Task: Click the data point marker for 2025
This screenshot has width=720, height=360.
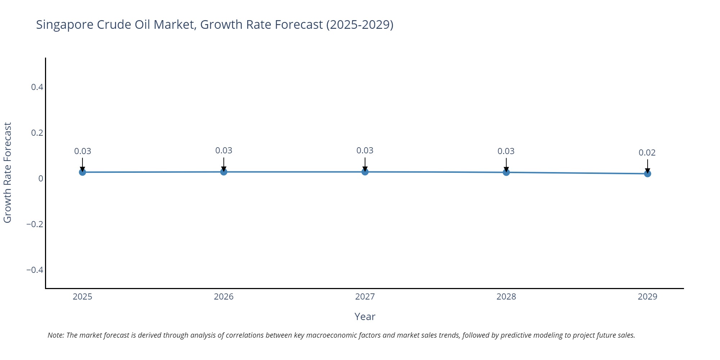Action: (x=82, y=172)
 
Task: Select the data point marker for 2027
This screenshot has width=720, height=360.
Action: (x=365, y=172)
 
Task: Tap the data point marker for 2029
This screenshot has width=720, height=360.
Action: (x=647, y=174)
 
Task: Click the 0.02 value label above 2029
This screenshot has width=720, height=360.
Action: (x=647, y=153)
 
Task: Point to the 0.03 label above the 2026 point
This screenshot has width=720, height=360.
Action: (x=224, y=150)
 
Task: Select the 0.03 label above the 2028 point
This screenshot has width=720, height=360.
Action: (x=506, y=151)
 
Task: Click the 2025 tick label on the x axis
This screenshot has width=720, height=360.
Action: (x=82, y=297)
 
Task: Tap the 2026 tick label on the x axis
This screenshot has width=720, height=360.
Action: (x=224, y=297)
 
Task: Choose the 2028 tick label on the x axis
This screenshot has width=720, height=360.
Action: (x=506, y=297)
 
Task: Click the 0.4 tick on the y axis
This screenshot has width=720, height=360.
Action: (x=37, y=87)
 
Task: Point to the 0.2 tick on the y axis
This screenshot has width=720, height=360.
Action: (x=37, y=133)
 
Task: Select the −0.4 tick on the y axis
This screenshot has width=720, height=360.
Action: (x=35, y=270)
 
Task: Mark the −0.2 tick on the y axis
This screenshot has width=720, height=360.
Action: (x=35, y=224)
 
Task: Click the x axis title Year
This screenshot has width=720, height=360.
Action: (x=365, y=317)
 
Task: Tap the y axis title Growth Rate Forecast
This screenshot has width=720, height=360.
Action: (x=8, y=173)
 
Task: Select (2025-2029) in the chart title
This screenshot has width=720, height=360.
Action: (x=360, y=25)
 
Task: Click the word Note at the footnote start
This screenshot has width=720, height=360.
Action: (x=55, y=335)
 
